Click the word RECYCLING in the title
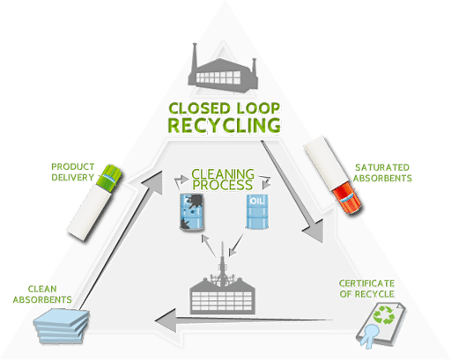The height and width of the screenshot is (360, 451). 224,125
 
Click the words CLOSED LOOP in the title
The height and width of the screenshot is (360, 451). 225,108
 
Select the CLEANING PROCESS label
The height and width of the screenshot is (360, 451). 223,180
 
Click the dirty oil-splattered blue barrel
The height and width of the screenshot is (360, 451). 192,211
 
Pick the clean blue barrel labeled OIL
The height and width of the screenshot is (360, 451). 257,211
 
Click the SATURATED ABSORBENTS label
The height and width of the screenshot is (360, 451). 382,173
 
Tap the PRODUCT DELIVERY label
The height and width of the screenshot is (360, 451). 73,172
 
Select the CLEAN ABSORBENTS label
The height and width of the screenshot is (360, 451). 42,294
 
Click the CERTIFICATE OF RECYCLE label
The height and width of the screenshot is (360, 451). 366,289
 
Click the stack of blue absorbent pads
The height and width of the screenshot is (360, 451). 62,326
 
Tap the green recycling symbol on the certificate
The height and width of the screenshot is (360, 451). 383,315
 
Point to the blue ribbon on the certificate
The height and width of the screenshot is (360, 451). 369,334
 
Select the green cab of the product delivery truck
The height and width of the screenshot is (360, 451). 109,178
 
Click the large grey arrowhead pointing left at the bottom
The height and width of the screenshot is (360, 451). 166,320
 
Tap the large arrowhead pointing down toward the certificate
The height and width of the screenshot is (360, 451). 314,231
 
